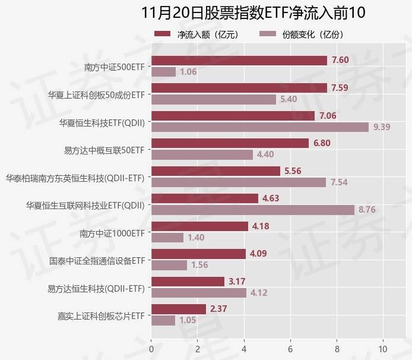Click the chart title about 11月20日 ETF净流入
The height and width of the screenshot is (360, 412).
point(253,13)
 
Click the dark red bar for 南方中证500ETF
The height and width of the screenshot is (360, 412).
point(239,60)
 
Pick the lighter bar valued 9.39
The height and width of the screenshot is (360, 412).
point(260,127)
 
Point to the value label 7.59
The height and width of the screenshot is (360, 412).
point(340,88)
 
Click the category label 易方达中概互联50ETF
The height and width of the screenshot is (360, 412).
point(104,149)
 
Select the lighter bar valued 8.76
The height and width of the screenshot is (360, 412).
point(253,209)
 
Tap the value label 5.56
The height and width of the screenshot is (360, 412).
point(293,170)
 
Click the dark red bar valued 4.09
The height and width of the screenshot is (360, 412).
point(198,254)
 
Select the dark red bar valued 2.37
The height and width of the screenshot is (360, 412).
point(179,309)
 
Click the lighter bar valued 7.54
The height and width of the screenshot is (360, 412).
point(239,182)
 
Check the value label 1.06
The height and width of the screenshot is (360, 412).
point(188,72)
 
